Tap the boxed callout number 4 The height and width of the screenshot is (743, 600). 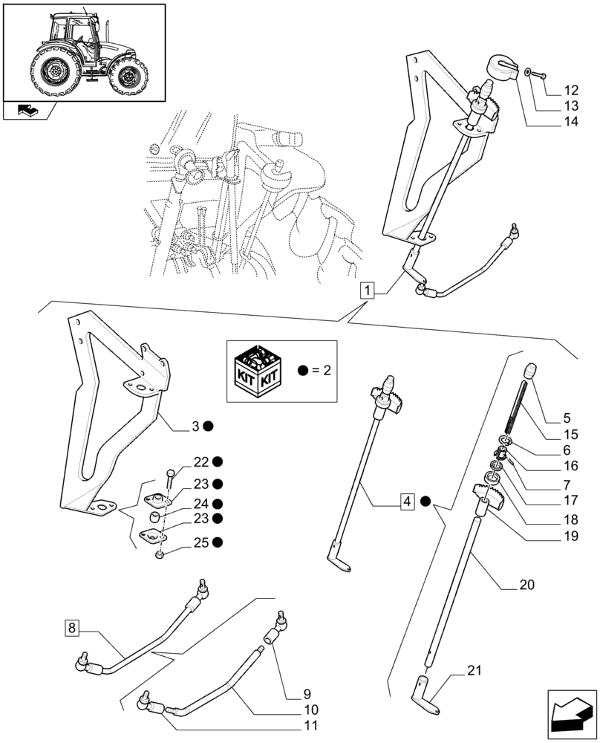point(407,502)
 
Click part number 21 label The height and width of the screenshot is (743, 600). point(475,672)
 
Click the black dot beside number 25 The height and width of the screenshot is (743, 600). point(217,542)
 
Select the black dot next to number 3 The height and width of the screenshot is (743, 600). point(209,426)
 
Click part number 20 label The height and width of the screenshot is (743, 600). point(526,584)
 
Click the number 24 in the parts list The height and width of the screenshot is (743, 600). point(201,503)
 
